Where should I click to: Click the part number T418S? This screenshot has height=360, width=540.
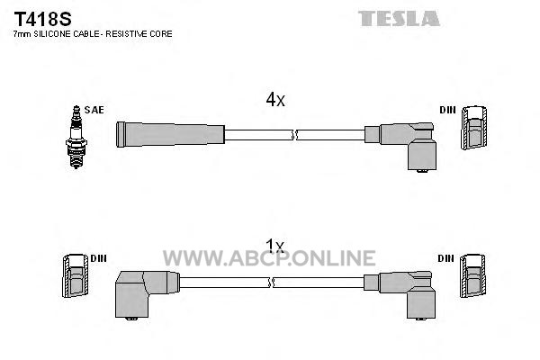click(x=42, y=19)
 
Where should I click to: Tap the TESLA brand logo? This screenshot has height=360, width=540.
click(x=399, y=19)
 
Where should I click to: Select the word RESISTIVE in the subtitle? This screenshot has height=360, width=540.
click(x=126, y=34)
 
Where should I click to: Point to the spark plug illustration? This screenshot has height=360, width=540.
click(x=76, y=137)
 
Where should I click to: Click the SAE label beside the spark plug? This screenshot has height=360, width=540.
click(x=94, y=110)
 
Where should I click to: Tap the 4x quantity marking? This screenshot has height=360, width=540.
click(x=275, y=100)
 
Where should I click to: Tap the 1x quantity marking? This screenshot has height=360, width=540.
click(x=274, y=246)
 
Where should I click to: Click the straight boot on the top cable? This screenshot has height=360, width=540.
click(x=170, y=134)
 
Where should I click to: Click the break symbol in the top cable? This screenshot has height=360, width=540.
click(x=294, y=135)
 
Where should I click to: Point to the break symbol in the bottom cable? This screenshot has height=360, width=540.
click(x=271, y=283)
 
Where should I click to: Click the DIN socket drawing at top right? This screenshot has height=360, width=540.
click(x=474, y=128)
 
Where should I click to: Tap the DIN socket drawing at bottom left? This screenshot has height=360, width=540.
click(x=76, y=275)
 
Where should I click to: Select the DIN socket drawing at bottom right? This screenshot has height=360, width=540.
click(x=472, y=275)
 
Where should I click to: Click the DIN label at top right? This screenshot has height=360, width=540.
click(x=447, y=110)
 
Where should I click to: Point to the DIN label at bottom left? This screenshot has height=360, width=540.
click(x=98, y=258)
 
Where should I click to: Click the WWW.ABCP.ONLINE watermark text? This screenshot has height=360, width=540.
click(x=269, y=258)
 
